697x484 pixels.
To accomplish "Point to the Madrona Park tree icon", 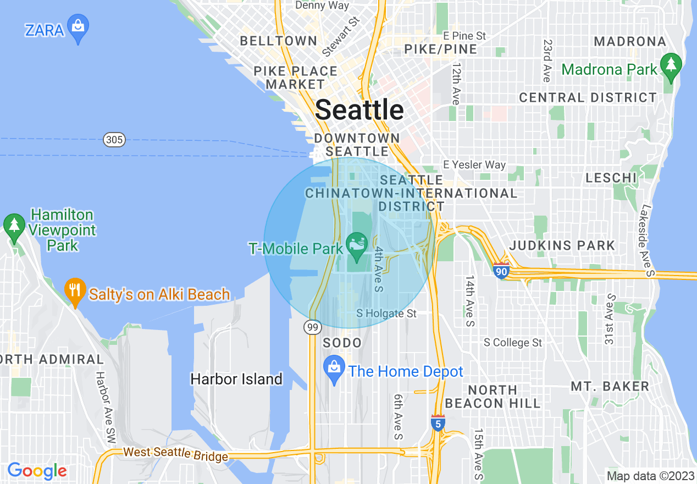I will click(x=670, y=65).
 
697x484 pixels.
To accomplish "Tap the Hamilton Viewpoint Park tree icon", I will click(x=14, y=226).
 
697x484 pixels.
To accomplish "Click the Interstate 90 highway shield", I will click(x=501, y=271).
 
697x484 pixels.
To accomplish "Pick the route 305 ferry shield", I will click(x=114, y=140).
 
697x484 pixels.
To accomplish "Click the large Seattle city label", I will click(x=359, y=110).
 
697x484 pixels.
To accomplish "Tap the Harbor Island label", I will click(x=236, y=379).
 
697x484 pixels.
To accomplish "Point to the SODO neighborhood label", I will click(x=342, y=343).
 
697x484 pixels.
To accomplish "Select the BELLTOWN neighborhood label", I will click(x=279, y=41).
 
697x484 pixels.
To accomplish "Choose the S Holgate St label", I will click(x=386, y=313).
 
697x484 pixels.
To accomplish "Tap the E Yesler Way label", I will click(x=474, y=164).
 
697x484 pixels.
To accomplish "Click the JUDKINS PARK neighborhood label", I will click(x=562, y=245).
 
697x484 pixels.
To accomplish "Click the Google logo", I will click(x=37, y=471).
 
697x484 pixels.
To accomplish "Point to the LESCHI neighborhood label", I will click(x=611, y=178).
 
